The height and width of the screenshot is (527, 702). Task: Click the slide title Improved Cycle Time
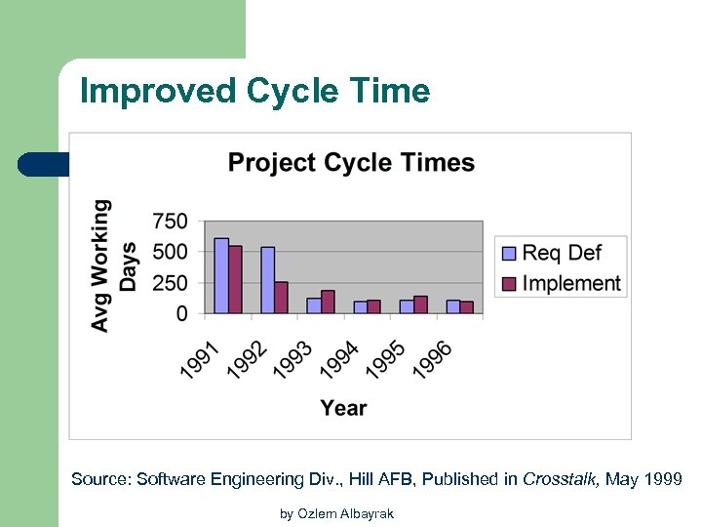tap(254, 91)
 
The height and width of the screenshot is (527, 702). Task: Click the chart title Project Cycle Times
tap(351, 162)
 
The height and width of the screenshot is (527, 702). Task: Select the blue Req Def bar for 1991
tap(221, 275)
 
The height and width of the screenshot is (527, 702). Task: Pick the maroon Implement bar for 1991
tap(235, 279)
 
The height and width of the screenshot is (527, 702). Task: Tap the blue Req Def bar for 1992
tap(267, 280)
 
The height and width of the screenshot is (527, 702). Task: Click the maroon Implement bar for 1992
tap(281, 298)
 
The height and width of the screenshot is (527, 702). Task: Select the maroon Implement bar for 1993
tap(328, 302)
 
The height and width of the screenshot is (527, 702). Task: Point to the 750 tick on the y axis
tap(170, 222)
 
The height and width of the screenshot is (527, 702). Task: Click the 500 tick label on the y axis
tap(170, 252)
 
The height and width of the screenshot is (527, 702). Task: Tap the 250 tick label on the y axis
tap(170, 283)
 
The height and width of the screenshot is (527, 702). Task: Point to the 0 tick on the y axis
tap(182, 313)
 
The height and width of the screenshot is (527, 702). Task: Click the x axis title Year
tap(343, 408)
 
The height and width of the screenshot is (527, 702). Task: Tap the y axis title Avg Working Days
tap(114, 264)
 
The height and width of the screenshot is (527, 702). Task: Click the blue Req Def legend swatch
tap(509, 254)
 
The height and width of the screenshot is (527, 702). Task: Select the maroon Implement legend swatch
tap(509, 284)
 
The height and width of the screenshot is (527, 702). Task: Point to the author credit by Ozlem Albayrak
tap(336, 513)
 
